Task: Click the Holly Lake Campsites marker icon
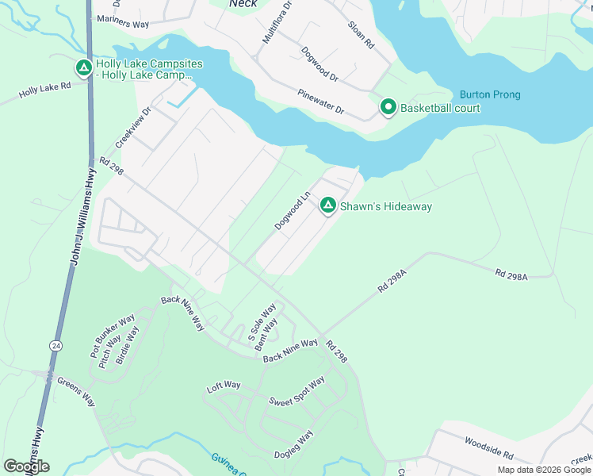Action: [83, 69]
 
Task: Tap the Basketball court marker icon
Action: [388, 107]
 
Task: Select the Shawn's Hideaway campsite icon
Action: [327, 206]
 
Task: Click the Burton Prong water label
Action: [490, 95]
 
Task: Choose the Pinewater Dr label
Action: [321, 101]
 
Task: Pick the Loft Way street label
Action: [224, 386]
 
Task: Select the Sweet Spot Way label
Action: [296, 391]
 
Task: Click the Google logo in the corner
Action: [26, 466]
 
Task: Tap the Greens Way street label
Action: [76, 391]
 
